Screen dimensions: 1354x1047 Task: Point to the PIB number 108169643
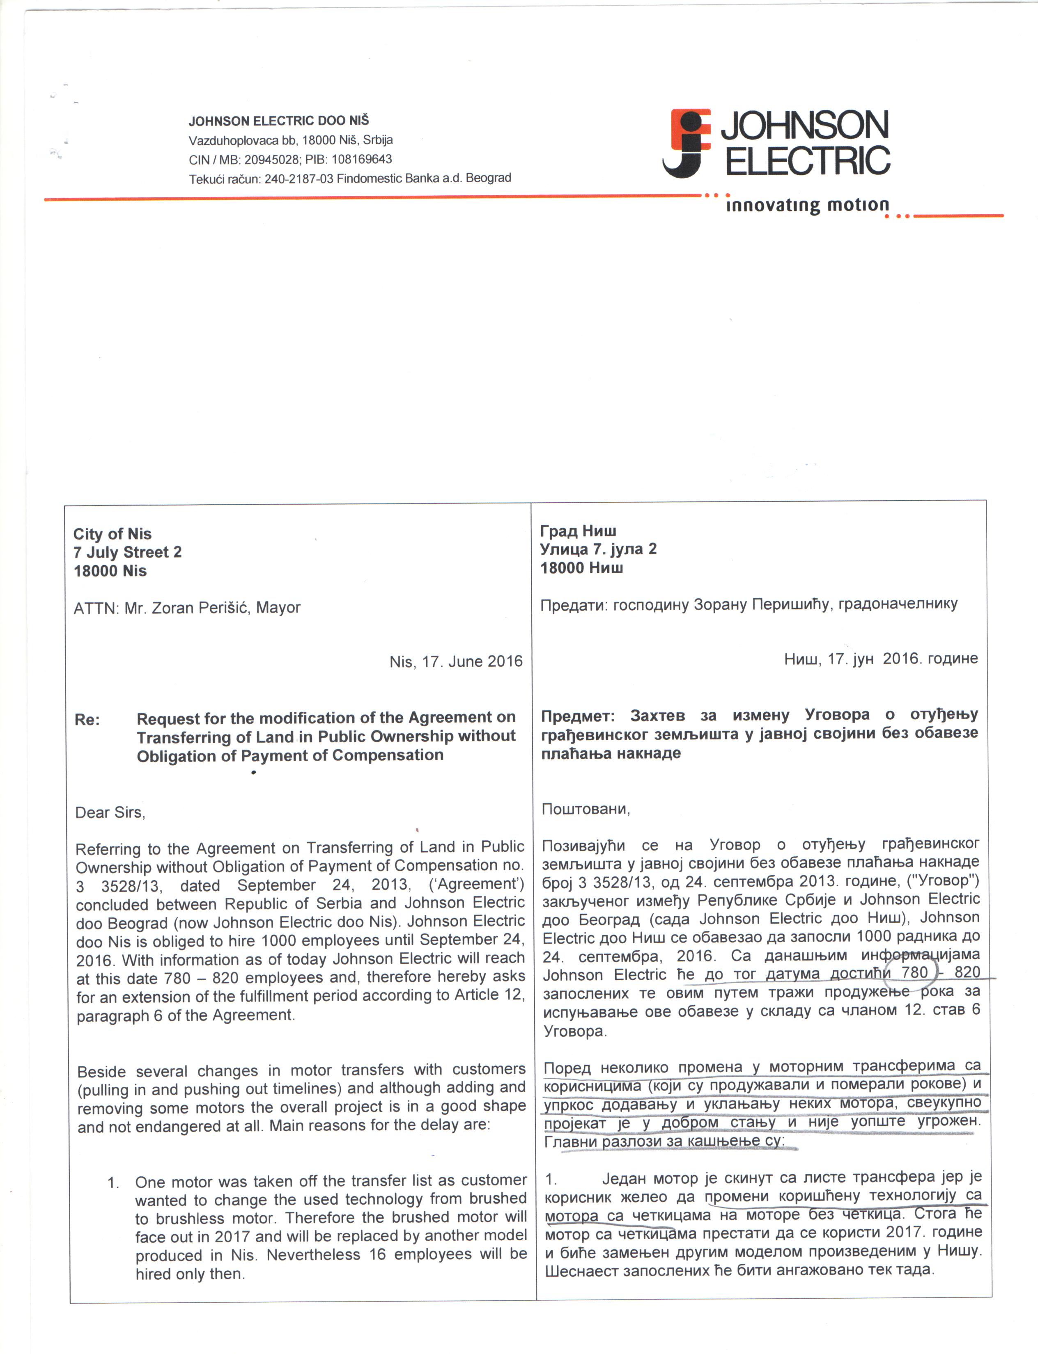(362, 159)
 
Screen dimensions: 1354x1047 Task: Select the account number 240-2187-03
(299, 178)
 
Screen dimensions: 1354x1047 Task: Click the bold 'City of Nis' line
(112, 534)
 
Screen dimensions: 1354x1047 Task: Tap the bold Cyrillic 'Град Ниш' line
(578, 531)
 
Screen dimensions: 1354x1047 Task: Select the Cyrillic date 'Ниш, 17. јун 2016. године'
(881, 659)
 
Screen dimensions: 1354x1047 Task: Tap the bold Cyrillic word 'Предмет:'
(577, 716)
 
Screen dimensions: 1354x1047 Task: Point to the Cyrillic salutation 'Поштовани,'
(585, 809)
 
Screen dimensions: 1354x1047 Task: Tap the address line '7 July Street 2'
(128, 552)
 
